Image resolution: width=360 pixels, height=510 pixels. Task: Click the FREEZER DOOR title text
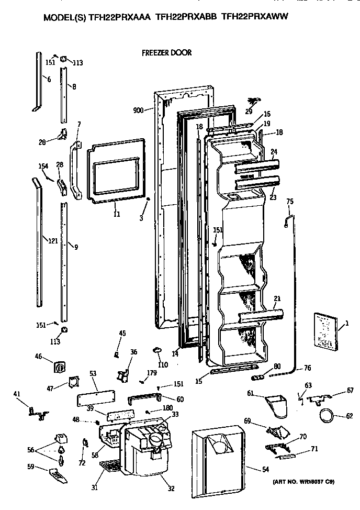click(166, 53)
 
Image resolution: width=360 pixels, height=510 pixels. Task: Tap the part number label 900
click(138, 110)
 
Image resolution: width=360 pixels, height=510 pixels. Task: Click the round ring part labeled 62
click(328, 417)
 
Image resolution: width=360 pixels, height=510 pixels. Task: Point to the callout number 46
click(38, 356)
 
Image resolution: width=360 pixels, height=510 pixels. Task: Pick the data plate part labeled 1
click(325, 330)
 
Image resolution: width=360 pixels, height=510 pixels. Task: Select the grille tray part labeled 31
click(110, 465)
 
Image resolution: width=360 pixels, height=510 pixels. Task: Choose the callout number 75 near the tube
click(290, 201)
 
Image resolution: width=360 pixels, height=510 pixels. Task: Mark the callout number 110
click(162, 364)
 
